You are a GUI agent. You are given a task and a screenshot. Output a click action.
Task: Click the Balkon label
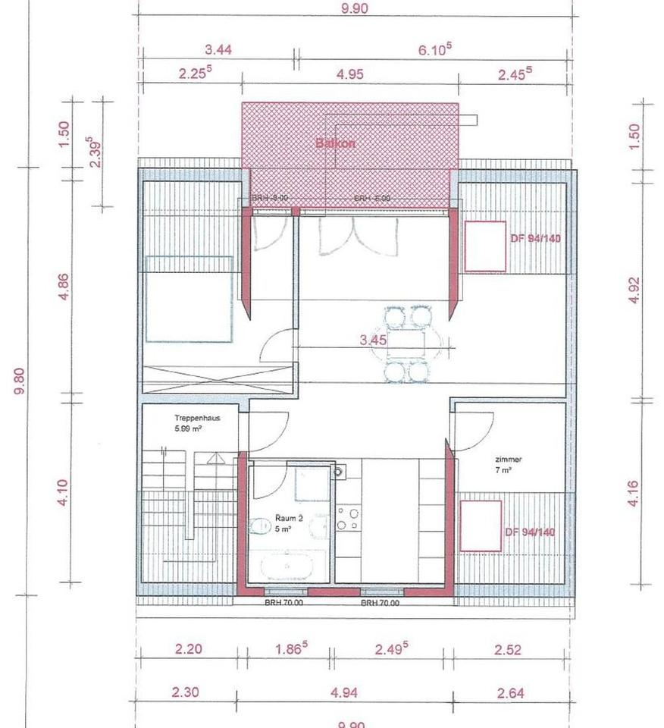335,143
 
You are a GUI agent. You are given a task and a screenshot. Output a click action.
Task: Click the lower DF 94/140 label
530,532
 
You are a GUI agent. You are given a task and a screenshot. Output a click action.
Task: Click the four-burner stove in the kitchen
348,519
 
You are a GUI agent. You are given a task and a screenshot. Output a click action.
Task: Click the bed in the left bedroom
188,300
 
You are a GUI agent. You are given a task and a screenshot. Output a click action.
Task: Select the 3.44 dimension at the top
218,50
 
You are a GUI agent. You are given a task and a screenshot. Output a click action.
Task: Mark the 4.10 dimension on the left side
64,493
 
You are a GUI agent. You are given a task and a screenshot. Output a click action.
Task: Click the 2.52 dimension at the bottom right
509,649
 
